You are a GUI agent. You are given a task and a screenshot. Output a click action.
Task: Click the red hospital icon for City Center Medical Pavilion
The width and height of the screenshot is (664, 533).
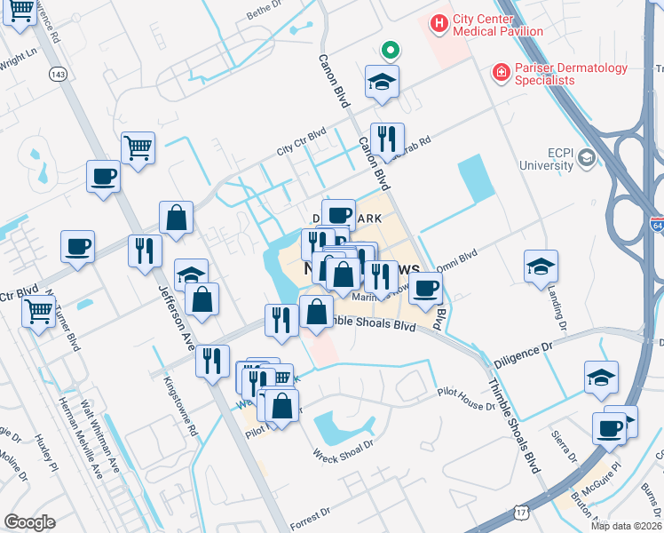pyautogui.click(x=439, y=22)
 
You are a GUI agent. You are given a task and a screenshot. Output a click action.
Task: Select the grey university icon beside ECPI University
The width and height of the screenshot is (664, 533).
pyautogui.click(x=586, y=158)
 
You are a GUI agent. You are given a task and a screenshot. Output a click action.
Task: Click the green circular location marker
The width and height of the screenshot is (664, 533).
pyautogui.click(x=388, y=49)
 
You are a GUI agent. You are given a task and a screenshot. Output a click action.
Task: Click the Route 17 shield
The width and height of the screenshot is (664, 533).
pyautogui.click(x=524, y=512)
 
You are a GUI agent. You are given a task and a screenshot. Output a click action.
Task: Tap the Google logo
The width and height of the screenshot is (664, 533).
pyautogui.click(x=29, y=522)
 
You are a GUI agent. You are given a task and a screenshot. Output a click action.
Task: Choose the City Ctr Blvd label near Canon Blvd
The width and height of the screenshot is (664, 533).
pyautogui.click(x=301, y=141)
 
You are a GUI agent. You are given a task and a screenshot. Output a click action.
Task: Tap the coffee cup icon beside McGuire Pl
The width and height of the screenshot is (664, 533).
pyautogui.click(x=610, y=429)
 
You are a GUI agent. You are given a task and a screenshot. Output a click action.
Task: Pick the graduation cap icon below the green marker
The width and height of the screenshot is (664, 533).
pyautogui.click(x=382, y=83)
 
